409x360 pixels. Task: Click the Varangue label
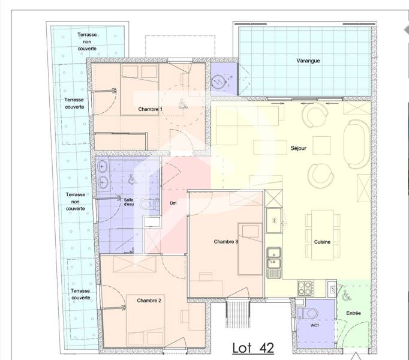tap(308, 61)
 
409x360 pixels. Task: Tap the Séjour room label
tap(299, 148)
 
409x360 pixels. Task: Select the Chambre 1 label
tap(150, 109)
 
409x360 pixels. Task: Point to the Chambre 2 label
tap(149, 301)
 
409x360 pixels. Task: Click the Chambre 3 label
tap(226, 242)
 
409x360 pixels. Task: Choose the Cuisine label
tap(322, 242)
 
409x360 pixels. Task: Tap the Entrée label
tap(353, 313)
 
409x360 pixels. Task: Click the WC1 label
tap(315, 325)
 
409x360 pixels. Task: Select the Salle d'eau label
tap(128, 202)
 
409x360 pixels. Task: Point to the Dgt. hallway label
tap(173, 203)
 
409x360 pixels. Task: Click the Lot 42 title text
tap(253, 348)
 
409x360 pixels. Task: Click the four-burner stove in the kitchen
tap(305, 288)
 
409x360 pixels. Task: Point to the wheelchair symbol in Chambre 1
tap(183, 103)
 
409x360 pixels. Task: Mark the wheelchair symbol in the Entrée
tap(347, 295)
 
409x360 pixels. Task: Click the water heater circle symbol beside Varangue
tap(218, 81)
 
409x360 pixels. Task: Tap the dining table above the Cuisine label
tap(323, 235)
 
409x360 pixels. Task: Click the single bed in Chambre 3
tap(250, 249)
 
